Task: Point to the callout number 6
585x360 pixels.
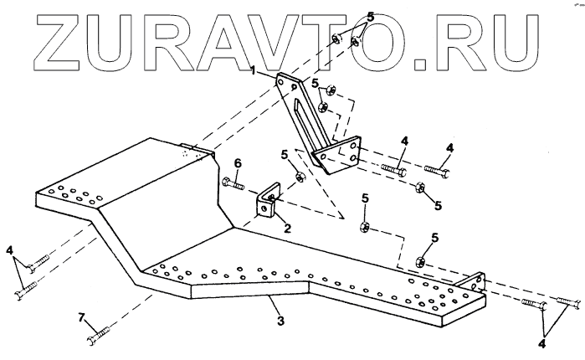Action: click(x=237, y=162)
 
